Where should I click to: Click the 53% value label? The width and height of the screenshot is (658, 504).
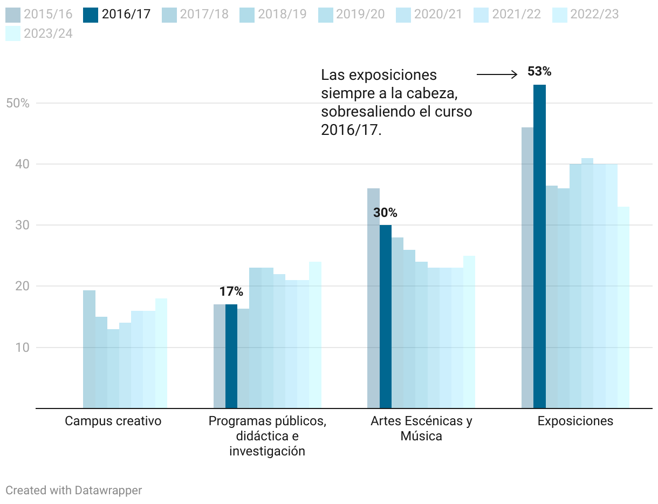pyautogui.click(x=539, y=71)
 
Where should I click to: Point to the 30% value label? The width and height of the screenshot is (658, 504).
pyautogui.click(x=385, y=213)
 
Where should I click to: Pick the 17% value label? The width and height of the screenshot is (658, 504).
pyautogui.click(x=231, y=292)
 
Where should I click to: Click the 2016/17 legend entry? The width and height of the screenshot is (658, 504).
pyautogui.click(x=118, y=14)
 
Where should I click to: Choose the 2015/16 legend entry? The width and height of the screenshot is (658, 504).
pyautogui.click(x=39, y=14)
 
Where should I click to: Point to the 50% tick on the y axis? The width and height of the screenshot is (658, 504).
pyautogui.click(x=17, y=103)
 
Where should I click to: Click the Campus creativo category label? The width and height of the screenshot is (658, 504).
pyautogui.click(x=113, y=421)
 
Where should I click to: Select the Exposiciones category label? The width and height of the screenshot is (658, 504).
pyautogui.click(x=575, y=421)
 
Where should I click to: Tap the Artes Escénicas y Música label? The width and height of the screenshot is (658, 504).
pyautogui.click(x=421, y=428)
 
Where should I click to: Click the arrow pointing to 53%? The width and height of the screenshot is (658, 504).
pyautogui.click(x=497, y=74)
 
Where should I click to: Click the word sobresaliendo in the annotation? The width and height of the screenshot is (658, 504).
pyautogui.click(x=360, y=112)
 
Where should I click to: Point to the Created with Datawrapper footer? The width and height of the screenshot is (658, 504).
pyautogui.click(x=74, y=490)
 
